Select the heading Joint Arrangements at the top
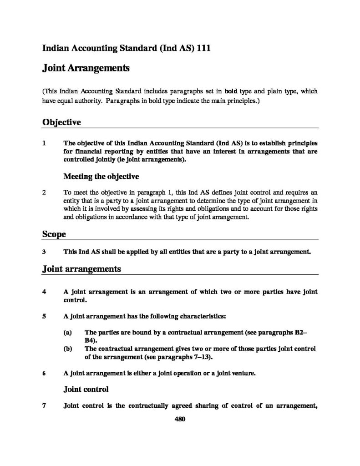coord(86,68)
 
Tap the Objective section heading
coord(61,122)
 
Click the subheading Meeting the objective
coord(101,176)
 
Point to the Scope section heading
coord(54,234)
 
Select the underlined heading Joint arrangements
coord(81,268)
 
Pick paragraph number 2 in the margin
coord(44,192)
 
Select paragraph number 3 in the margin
coord(44,251)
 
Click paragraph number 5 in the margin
coord(44,315)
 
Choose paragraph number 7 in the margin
coord(44,406)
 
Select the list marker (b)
coord(68,349)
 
